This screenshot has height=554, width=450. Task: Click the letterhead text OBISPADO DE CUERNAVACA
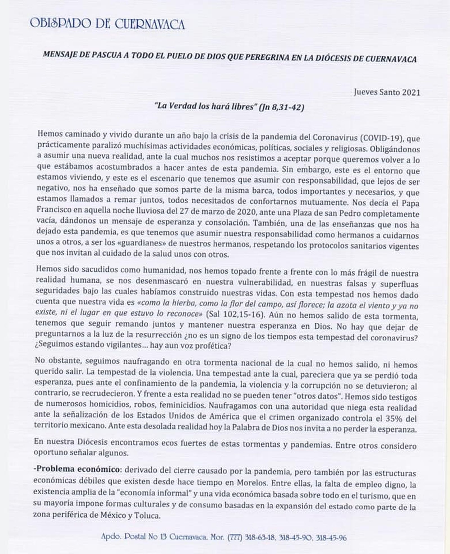coord(107,24)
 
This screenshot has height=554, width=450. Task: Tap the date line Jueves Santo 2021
coord(387,93)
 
